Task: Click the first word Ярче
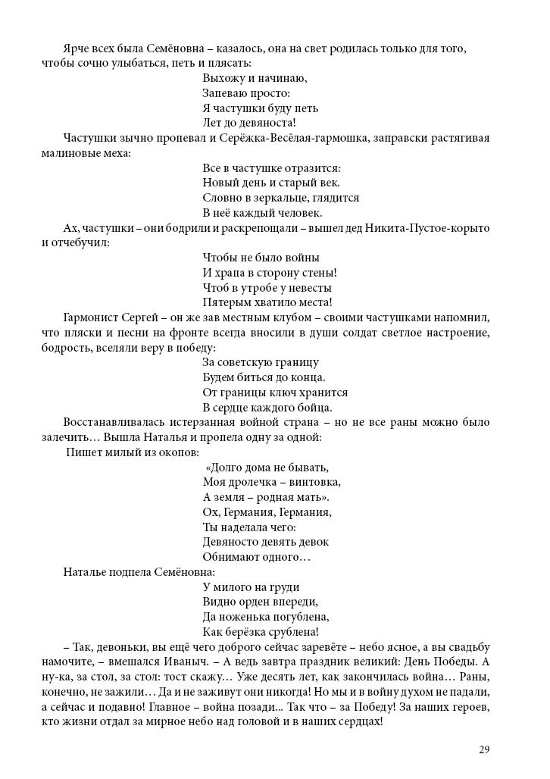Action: pos(77,48)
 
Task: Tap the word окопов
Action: pos(180,452)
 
